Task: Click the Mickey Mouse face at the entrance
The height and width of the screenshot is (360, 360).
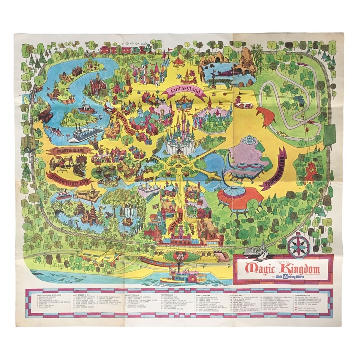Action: tap(181, 258)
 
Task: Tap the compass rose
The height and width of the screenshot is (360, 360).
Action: tap(299, 246)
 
